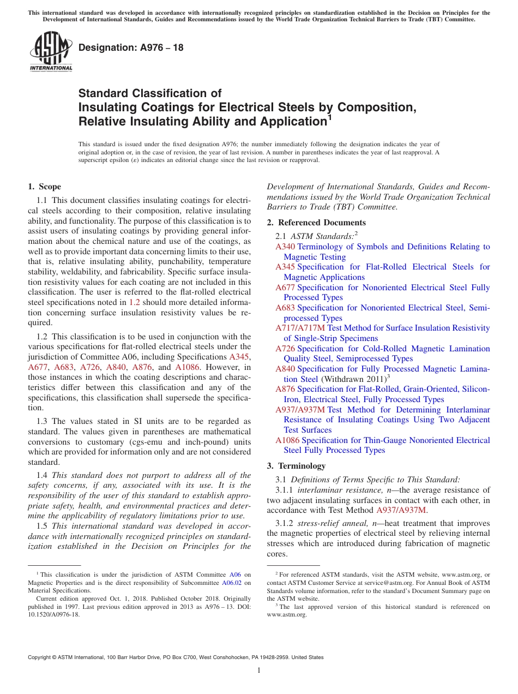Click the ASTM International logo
51,52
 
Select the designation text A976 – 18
131,48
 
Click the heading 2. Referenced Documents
316,223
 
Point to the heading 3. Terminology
296,466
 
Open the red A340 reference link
285,247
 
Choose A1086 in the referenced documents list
287,440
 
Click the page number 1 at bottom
259,670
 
